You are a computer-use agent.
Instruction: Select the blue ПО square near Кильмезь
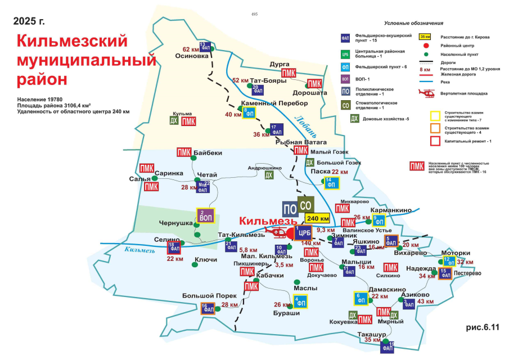tap(290, 208)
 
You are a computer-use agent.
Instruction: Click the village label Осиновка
tap(187, 56)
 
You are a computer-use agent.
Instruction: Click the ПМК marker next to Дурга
tap(289, 73)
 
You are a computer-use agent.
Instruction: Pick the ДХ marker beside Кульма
tap(174, 121)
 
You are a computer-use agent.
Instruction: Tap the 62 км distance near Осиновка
tap(191, 49)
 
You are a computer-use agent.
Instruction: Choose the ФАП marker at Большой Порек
tap(208, 308)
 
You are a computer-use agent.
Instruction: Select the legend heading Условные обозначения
tap(414, 23)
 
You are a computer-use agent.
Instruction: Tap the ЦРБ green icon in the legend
tap(346, 55)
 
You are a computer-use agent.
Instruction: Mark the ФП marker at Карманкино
tap(380, 220)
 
